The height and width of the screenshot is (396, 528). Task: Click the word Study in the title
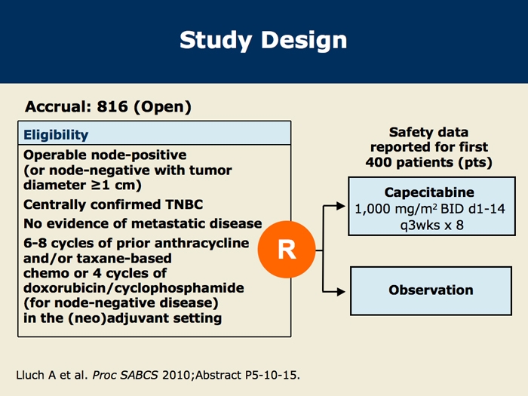[x=216, y=41]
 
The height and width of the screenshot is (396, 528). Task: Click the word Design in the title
[x=304, y=41]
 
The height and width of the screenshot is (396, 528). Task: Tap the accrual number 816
[x=112, y=106]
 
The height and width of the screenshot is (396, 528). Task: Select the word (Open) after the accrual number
[x=163, y=107]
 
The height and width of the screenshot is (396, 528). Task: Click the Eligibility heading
[x=56, y=135]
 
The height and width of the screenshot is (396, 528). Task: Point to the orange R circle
[x=287, y=250]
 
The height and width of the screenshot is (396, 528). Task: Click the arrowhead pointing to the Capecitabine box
[x=341, y=206]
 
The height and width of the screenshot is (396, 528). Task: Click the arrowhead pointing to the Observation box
[x=341, y=292]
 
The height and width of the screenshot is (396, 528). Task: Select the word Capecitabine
[x=429, y=192]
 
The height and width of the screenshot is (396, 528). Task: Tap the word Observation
[x=431, y=290]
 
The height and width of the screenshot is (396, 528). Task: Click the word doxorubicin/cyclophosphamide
[x=134, y=288]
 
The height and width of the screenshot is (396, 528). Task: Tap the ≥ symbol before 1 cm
[x=97, y=186]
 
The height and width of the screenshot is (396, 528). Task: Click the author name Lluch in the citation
[x=30, y=375]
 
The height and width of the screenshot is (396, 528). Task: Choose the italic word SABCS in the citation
[x=139, y=375]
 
